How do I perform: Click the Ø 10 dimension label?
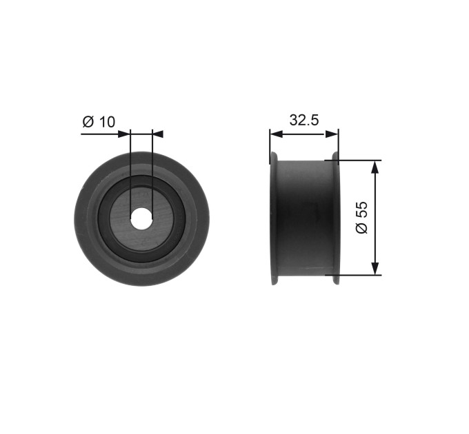click(99, 121)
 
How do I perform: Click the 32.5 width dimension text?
click(304, 120)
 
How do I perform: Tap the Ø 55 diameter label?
click(362, 217)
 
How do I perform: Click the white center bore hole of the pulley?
click(141, 219)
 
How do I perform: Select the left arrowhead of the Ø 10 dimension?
click(124, 134)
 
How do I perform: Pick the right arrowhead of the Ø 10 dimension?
click(158, 134)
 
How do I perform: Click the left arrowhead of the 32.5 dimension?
click(276, 134)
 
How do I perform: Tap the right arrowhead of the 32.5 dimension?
click(332, 134)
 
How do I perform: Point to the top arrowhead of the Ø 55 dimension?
click(375, 167)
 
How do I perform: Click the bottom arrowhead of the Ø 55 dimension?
click(375, 269)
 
